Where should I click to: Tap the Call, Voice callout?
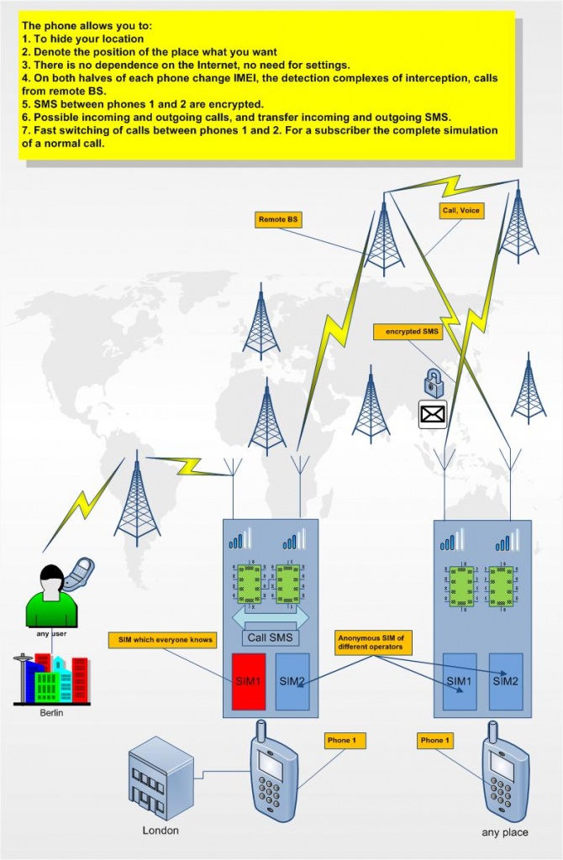[x=461, y=210]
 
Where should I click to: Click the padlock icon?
[x=433, y=382]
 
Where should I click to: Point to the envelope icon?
[x=433, y=413]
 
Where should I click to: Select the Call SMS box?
[x=270, y=637]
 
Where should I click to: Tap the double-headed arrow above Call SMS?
[x=270, y=617]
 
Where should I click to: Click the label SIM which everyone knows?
[x=162, y=640]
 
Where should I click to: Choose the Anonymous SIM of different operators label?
[x=371, y=641]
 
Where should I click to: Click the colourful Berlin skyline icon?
[x=51, y=679]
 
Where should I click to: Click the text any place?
[x=505, y=832]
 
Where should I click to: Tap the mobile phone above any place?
[x=505, y=777]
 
